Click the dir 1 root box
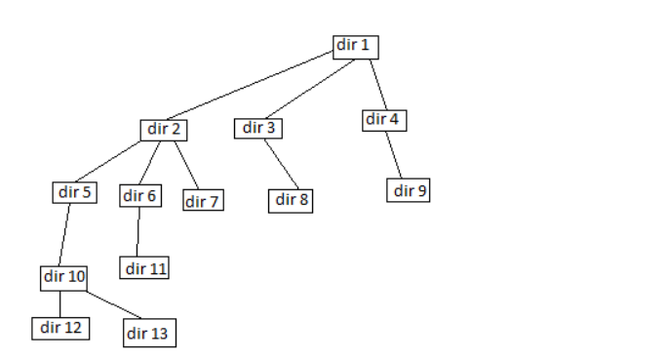355,46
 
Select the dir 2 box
163,129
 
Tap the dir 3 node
257,128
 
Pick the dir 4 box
384,120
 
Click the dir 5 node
75,191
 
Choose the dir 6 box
140,196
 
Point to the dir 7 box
203,201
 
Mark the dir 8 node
292,200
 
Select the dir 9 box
409,190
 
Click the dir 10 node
64,277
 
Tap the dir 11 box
144,267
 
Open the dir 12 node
59,327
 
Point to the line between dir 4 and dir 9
396,155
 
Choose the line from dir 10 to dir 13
108,303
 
